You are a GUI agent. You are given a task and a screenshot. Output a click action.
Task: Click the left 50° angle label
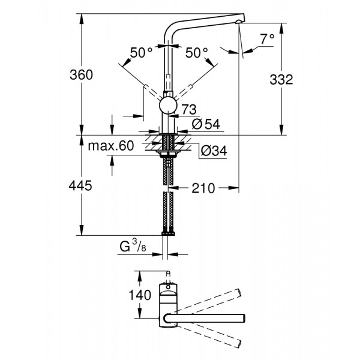pos(142,53)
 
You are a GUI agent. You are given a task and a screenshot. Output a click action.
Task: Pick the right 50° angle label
pos(196,53)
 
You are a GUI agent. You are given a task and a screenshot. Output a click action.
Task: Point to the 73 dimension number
pos(189,109)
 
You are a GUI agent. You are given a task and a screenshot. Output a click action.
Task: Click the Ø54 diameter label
pos(206,124)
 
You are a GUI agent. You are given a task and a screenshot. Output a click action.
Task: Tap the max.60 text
pos(110,146)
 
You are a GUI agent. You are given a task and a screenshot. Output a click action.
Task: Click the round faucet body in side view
pos(168,107)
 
